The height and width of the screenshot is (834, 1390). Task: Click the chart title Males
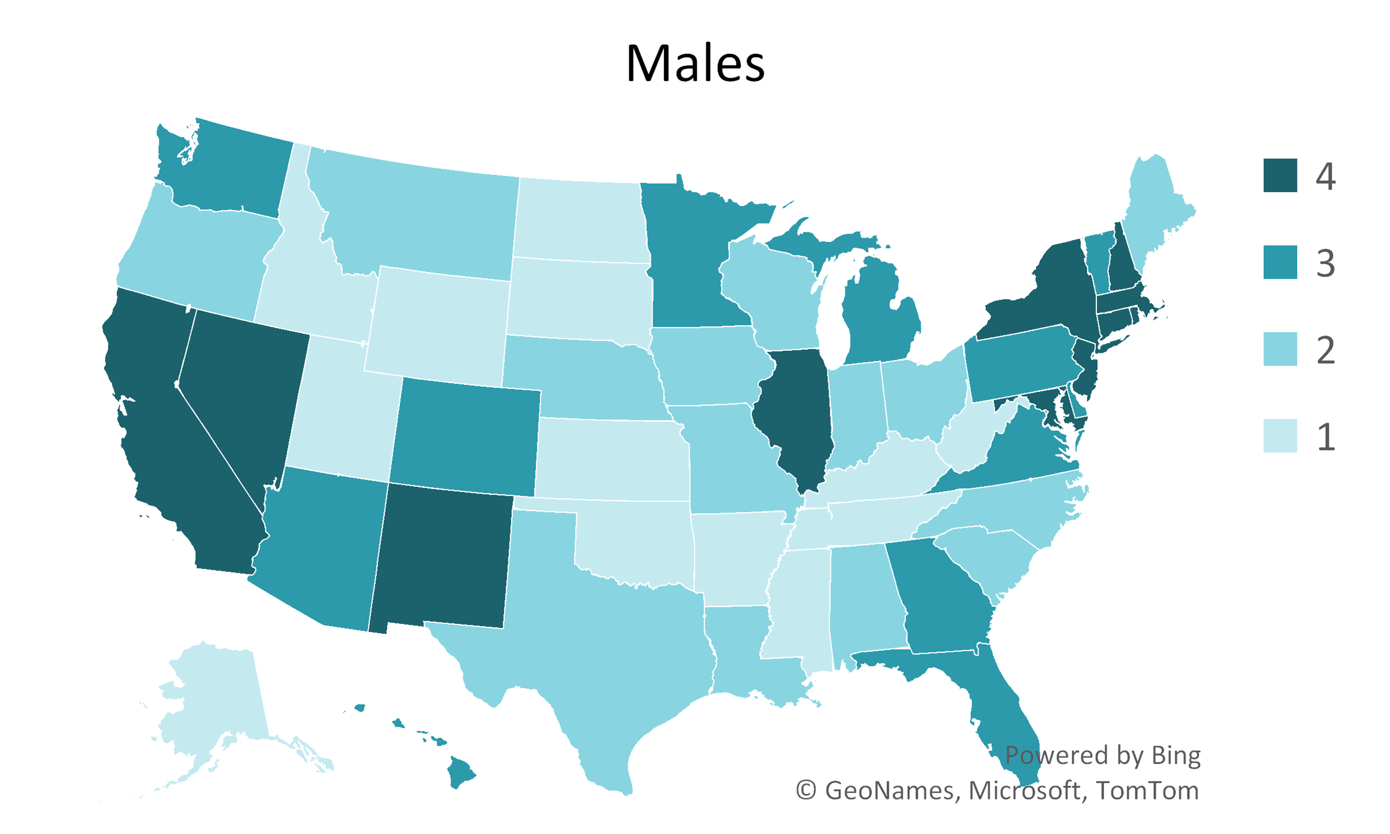695,63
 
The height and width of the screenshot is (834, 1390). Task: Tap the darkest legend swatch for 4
1280,175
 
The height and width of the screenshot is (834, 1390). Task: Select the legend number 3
1326,263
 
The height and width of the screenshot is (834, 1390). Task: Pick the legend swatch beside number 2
1280,349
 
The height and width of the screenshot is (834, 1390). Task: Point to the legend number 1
1326,436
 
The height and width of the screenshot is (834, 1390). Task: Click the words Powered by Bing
1102,755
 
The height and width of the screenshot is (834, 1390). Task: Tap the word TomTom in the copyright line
1147,791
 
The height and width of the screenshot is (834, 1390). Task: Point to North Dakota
579,220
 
